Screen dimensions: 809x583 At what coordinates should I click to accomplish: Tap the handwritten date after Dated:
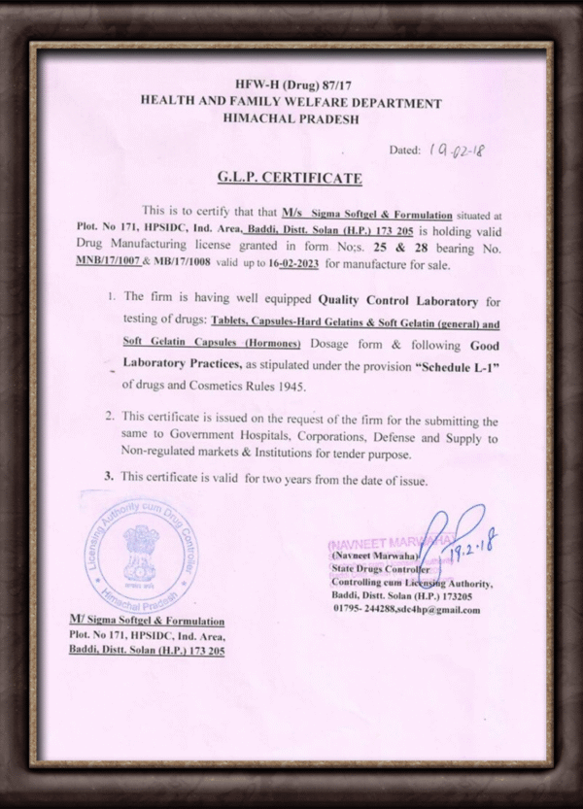(x=455, y=151)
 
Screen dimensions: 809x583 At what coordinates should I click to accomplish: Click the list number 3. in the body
(x=110, y=477)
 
